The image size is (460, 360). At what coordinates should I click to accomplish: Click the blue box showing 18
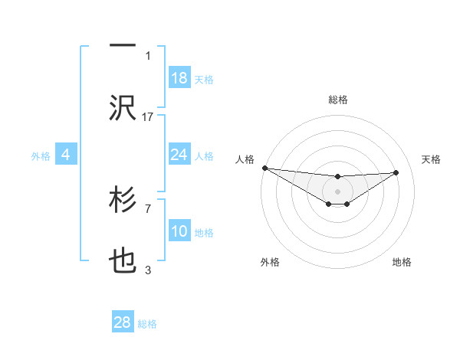coord(179,78)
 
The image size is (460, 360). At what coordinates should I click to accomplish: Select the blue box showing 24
coord(179,155)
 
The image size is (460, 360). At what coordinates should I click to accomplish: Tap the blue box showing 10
coord(179,231)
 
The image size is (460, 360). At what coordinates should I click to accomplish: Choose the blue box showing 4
coord(66,155)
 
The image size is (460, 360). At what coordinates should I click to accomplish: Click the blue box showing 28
coord(123,322)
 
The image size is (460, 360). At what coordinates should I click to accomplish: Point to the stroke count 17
coord(148,116)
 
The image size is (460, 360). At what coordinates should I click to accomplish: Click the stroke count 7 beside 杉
coord(148,208)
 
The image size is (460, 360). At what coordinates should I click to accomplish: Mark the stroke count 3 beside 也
coord(148,269)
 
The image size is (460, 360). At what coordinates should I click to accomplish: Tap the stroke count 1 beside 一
coord(148,55)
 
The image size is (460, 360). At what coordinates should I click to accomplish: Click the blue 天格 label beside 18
coord(204,79)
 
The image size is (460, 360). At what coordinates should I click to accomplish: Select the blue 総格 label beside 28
coord(147,324)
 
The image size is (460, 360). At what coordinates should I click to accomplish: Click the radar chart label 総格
coord(338,100)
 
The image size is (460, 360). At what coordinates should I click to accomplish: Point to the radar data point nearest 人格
coord(264,168)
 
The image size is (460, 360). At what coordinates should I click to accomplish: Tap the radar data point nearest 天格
coord(396,172)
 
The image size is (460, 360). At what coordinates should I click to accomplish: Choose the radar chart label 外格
coord(270,262)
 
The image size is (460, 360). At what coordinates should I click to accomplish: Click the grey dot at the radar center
coord(337,191)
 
